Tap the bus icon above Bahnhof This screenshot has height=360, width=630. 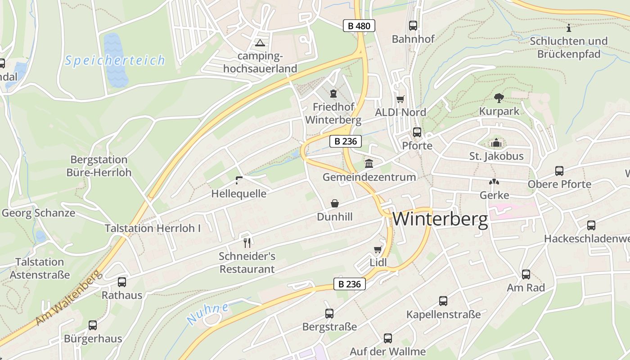coord(413,26)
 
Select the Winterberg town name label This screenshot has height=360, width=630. coord(440,219)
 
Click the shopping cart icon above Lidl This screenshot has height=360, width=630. coord(378,249)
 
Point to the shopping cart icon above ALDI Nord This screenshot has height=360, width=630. coord(400,99)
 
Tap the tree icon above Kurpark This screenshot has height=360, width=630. coord(499,98)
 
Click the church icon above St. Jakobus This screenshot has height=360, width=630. coord(496,143)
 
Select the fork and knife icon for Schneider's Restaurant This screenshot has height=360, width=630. coord(247,243)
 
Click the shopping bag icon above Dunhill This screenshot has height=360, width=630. coord(335,203)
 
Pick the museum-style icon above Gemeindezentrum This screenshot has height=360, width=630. coord(369,163)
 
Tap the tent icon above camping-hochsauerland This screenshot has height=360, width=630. coord(260,43)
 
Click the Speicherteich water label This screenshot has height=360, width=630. coord(115,60)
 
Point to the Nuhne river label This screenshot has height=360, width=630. coord(207,314)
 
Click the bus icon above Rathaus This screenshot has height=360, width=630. coord(122,282)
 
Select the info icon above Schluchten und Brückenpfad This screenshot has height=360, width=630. coord(569,28)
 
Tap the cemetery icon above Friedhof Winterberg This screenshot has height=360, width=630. coord(333,94)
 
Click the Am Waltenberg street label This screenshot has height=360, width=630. coord(67,298)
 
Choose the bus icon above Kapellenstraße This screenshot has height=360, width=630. coord(443,301)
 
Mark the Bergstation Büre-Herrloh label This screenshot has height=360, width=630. coord(99,166)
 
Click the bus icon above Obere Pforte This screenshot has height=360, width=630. coord(559,171)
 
